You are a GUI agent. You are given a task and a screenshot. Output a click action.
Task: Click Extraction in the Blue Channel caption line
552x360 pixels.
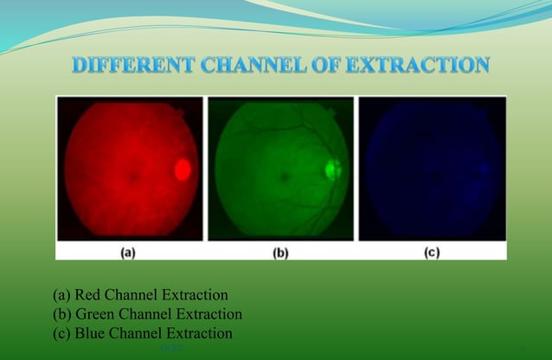pyautogui.click(x=200, y=333)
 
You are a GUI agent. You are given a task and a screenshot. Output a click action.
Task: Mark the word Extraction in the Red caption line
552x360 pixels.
pyautogui.click(x=197, y=297)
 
